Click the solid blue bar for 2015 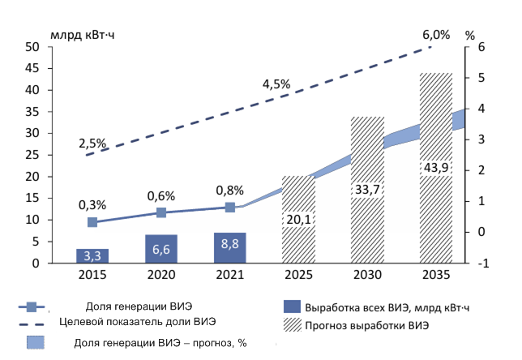click(x=92, y=255)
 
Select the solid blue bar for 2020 click(x=161, y=249)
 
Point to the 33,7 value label click(x=367, y=190)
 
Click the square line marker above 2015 click(x=92, y=222)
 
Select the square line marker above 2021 click(x=230, y=208)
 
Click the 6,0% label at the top click(x=435, y=35)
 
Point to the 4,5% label click(x=276, y=84)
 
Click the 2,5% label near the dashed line click(x=92, y=144)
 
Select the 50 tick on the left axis click(x=33, y=47)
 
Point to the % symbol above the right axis click(x=470, y=35)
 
